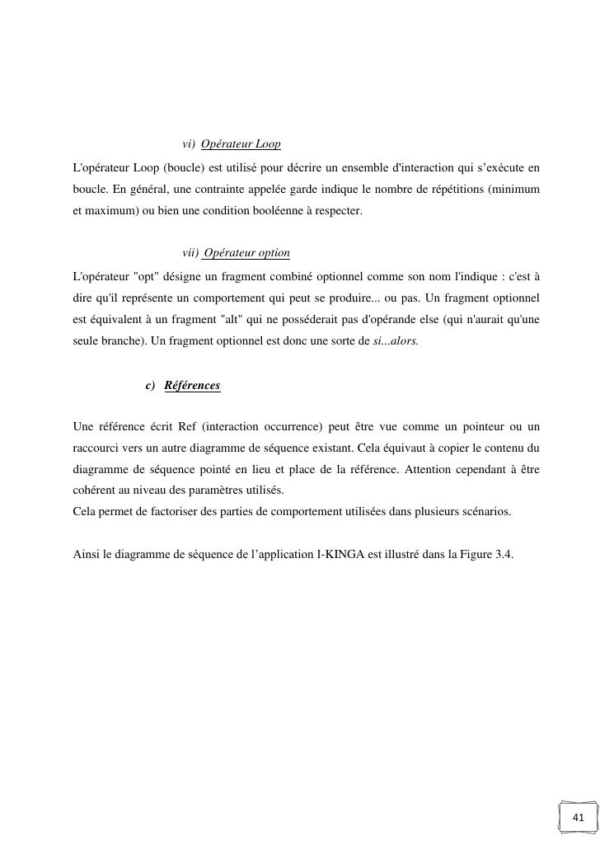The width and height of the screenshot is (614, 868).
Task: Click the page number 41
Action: [x=578, y=818]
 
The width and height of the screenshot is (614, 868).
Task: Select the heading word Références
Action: [x=192, y=386]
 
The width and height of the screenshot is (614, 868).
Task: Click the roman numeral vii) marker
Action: [x=190, y=253]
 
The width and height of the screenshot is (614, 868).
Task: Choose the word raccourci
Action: [x=97, y=448]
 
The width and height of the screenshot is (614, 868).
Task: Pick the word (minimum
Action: [x=513, y=190]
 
